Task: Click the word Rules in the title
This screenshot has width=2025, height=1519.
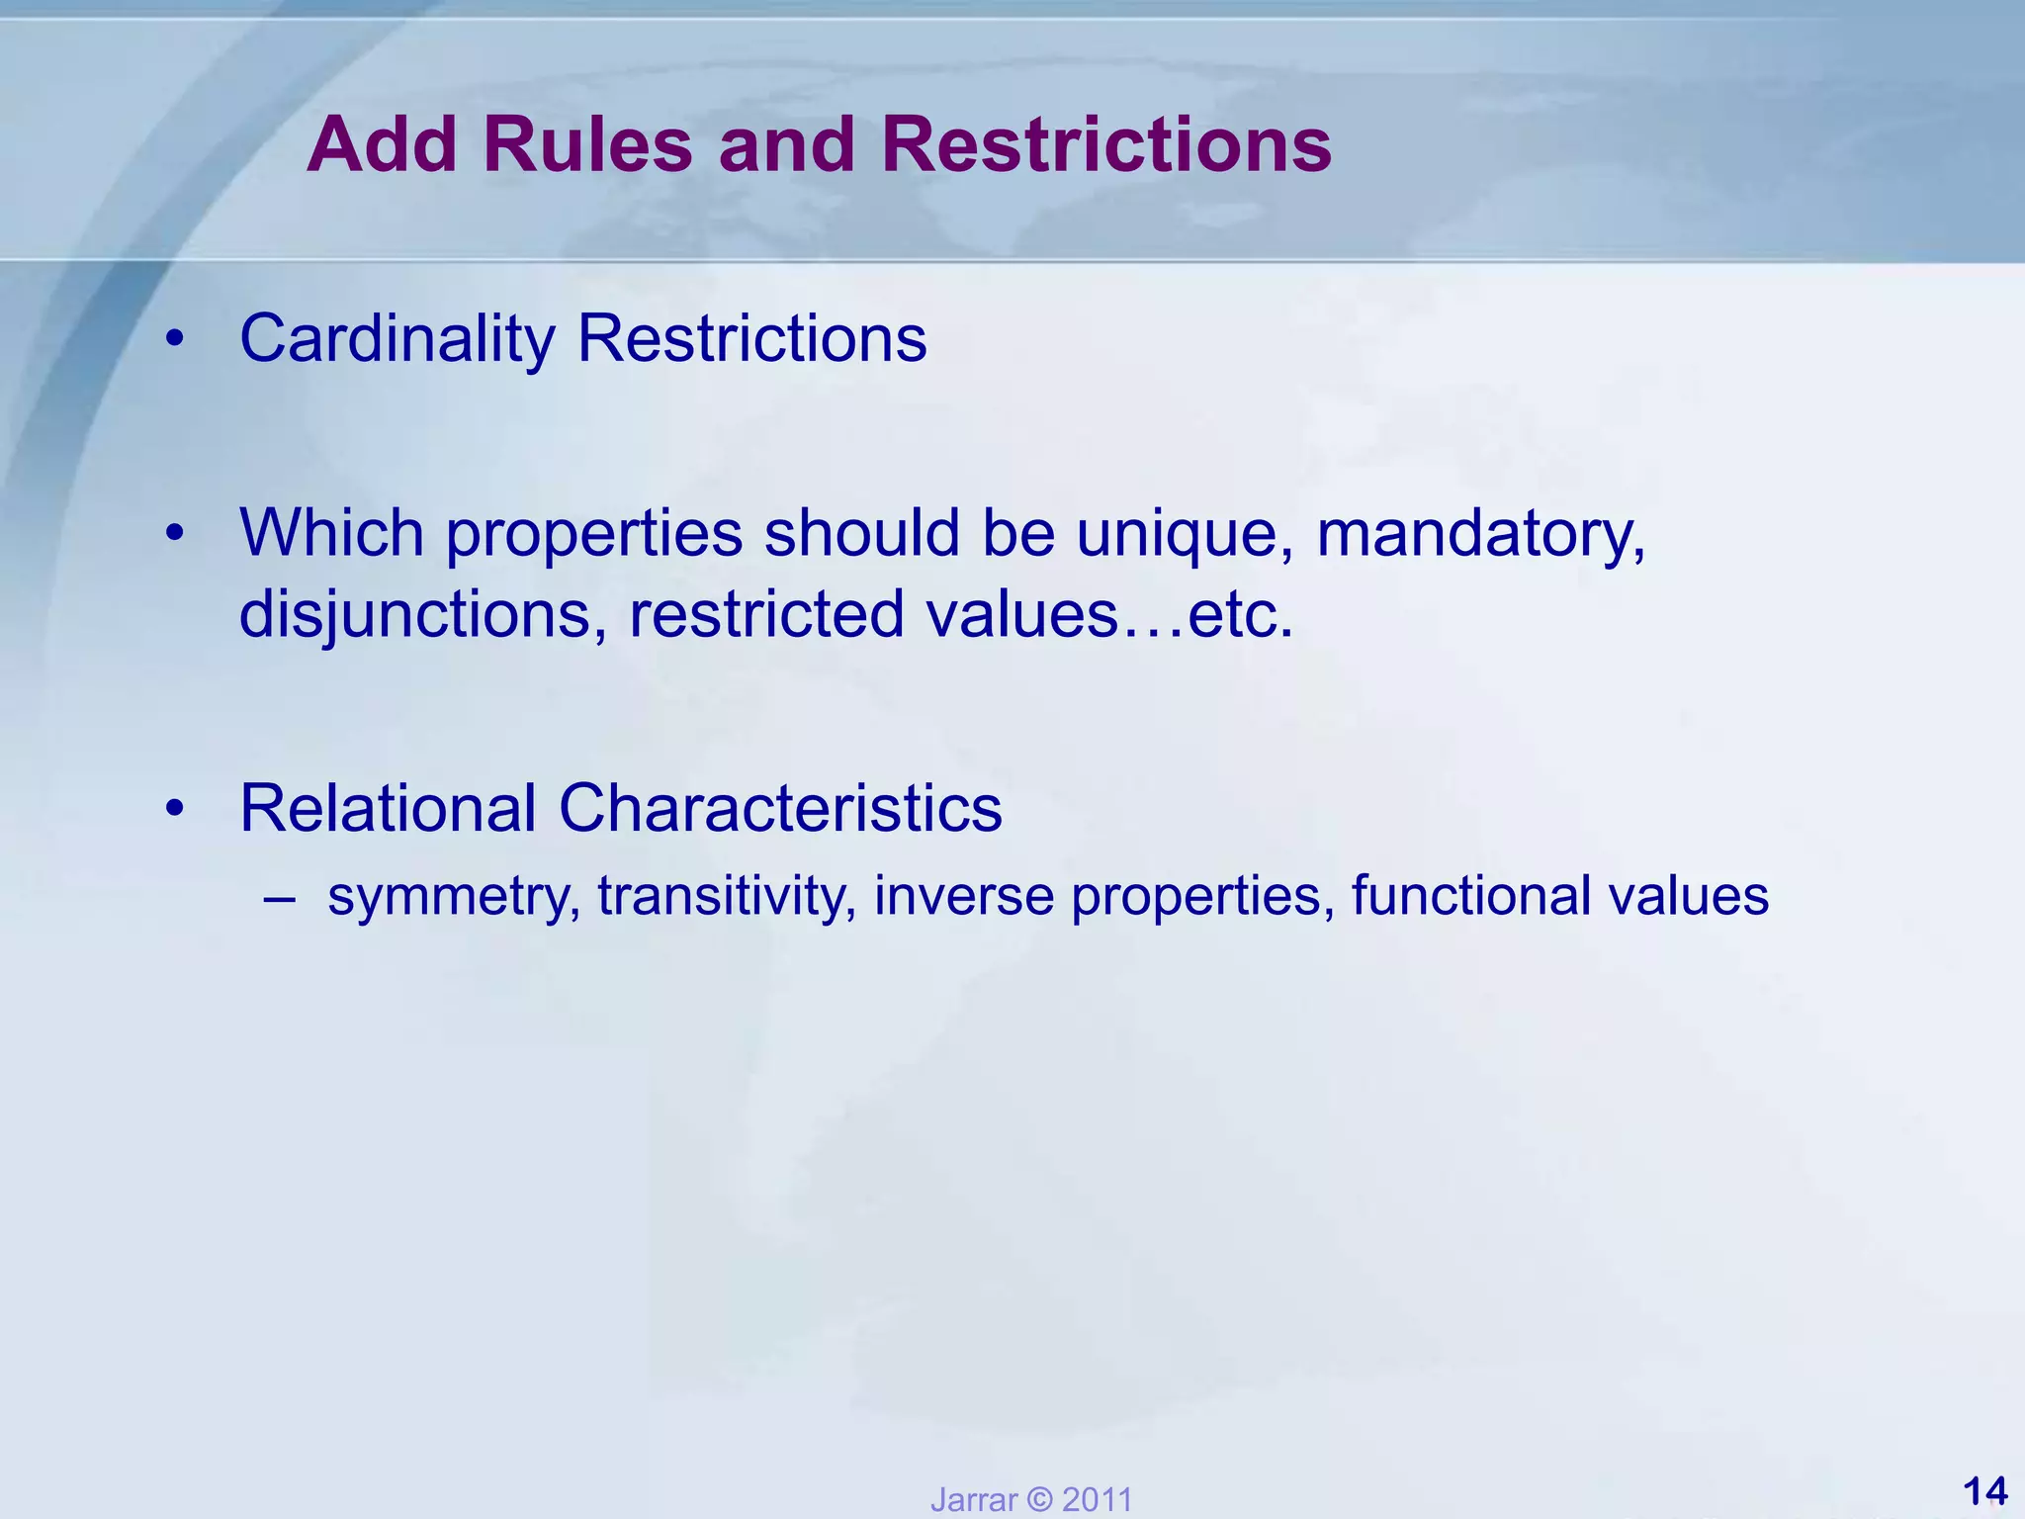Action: (587, 145)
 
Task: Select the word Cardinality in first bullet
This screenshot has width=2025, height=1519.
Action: (397, 339)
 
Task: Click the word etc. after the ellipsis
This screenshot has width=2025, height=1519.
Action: (1240, 615)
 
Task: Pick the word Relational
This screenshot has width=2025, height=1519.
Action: (388, 808)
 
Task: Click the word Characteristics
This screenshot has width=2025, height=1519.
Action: (780, 808)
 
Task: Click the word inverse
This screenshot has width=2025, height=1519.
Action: (964, 895)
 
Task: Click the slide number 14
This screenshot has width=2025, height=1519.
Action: (1983, 1490)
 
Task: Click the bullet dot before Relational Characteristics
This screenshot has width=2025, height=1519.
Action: (175, 810)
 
